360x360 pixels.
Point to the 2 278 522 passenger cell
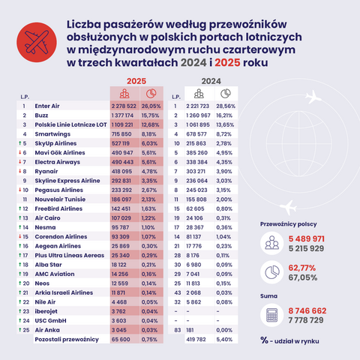coord(124,106)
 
